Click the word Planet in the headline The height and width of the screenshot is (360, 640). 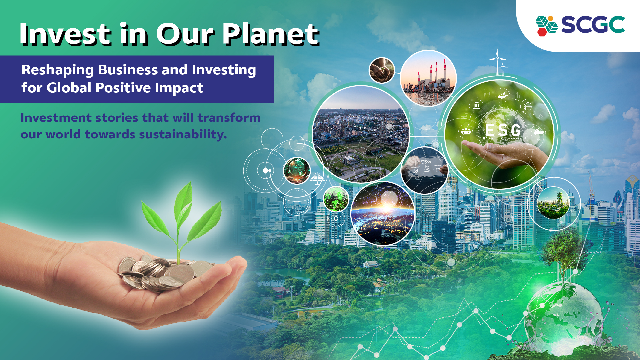271,34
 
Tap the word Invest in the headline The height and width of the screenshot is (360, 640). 65,34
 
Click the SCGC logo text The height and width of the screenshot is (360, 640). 593,25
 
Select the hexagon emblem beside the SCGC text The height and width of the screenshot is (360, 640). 546,25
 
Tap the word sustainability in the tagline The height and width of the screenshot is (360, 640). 183,134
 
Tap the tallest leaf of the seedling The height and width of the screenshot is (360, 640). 184,203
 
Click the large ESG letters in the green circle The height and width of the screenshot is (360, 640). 503,130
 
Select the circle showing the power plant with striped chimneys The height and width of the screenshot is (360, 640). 428,78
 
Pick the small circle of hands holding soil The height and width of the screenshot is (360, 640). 382,70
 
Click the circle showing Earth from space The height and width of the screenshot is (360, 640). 383,214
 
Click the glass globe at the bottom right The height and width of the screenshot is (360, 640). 563,317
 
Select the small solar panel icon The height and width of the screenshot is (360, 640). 317,179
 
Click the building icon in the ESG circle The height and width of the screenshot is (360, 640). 477,105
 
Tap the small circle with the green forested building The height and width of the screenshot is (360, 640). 553,203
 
